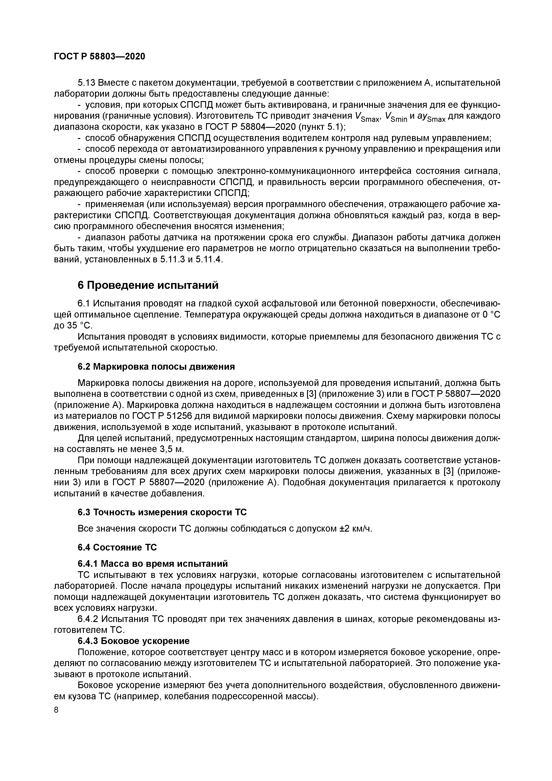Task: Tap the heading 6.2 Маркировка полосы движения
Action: [156, 367]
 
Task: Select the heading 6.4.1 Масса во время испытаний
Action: [153, 564]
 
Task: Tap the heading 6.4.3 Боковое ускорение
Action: [133, 641]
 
